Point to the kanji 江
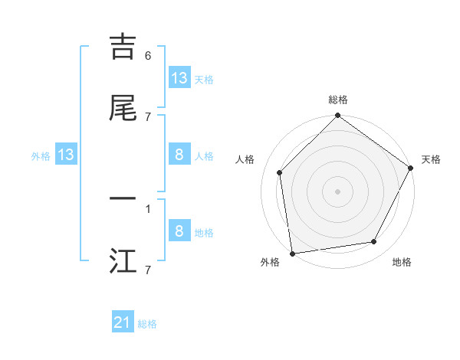click(x=123, y=260)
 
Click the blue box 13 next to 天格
click(x=179, y=78)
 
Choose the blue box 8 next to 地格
click(x=179, y=231)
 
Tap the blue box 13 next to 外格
click(x=66, y=155)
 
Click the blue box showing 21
click(x=123, y=323)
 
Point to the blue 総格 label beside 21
click(x=147, y=324)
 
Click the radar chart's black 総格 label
click(x=338, y=100)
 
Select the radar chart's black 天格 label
click(x=431, y=159)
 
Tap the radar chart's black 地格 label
click(x=402, y=262)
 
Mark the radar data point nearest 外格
click(x=292, y=253)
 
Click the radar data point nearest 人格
click(x=280, y=172)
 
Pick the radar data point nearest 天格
click(x=410, y=167)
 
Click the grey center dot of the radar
click(x=337, y=191)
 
